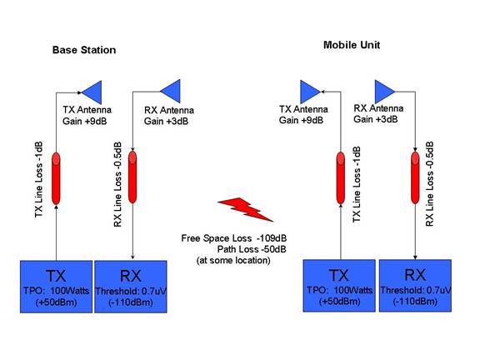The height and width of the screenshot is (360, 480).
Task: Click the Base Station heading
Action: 84,50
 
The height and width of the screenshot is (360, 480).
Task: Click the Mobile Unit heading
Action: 352,45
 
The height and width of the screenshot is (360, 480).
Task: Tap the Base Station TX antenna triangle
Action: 92,92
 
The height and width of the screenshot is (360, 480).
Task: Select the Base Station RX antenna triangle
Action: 171,91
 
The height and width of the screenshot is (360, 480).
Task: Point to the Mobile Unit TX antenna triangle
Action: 310,92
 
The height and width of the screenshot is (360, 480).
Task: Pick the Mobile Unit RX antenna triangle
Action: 384,91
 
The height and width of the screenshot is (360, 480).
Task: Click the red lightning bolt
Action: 245,209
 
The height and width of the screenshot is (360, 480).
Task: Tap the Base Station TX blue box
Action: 57,287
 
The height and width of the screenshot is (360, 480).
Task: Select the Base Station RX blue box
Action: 131,287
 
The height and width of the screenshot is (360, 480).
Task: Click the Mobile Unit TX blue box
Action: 339,286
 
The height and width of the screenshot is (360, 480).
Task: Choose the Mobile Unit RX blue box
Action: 415,286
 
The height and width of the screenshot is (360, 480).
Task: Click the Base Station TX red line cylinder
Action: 56,178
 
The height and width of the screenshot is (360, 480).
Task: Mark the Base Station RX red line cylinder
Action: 132,177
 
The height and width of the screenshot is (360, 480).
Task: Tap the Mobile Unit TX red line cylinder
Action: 340,178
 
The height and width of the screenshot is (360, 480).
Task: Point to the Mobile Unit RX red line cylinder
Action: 415,177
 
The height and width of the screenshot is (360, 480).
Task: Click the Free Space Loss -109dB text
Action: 234,238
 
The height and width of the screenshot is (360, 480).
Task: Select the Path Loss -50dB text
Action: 252,249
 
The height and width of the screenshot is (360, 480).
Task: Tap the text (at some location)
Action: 233,261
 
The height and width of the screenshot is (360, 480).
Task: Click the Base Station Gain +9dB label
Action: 85,121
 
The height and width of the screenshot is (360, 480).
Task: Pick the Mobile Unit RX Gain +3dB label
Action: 376,119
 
